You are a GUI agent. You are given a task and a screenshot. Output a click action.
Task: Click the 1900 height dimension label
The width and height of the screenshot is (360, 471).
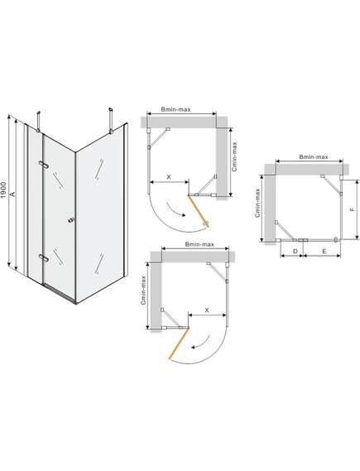click(3, 190)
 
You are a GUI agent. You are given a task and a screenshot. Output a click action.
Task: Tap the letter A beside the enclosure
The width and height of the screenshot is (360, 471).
click(13, 194)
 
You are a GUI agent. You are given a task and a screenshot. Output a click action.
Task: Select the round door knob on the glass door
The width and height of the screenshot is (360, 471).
click(70, 221)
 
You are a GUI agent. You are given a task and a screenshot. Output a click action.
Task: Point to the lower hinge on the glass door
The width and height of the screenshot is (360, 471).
click(44, 257)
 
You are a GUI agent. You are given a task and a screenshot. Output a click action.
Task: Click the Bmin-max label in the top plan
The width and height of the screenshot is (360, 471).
click(175, 109)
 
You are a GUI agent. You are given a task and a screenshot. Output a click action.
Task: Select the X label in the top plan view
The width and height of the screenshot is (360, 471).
click(169, 177)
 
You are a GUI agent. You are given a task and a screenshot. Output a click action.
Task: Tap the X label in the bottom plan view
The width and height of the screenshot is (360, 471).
click(207, 310)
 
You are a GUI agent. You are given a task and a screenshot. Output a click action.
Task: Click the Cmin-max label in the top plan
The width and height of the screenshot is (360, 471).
click(234, 156)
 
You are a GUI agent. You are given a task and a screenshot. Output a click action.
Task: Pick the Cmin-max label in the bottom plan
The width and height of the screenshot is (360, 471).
click(143, 291)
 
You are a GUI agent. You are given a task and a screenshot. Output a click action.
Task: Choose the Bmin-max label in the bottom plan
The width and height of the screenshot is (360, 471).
click(199, 244)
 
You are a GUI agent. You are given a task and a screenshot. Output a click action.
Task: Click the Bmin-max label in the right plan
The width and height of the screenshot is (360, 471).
click(314, 156)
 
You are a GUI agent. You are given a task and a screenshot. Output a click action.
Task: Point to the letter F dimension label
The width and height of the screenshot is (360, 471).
click(353, 209)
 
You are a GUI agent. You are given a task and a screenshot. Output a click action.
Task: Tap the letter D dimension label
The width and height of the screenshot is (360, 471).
click(295, 251)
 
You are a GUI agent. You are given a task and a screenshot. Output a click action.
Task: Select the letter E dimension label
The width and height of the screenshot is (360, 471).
click(324, 251)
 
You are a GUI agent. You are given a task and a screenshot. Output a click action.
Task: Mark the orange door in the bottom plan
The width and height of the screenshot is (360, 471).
click(180, 344)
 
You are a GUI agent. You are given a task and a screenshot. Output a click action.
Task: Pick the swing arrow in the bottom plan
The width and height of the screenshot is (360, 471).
click(200, 343)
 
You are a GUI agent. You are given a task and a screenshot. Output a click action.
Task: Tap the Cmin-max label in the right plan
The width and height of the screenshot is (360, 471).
click(257, 203)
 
